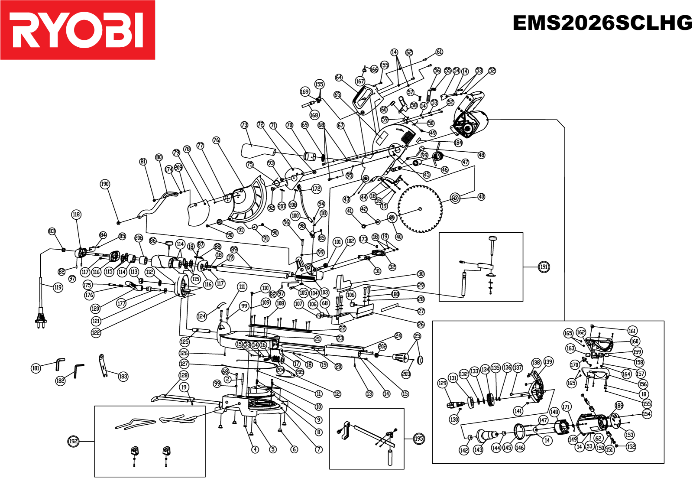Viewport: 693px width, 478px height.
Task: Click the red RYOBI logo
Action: pos(78,30)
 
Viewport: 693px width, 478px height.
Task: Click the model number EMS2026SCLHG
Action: pos(602,23)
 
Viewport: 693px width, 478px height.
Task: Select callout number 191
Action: pos(544,267)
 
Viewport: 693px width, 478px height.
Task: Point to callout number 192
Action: pos(74,442)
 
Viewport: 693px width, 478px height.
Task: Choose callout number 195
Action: pos(418,439)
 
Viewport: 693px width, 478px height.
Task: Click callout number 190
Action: pos(105,184)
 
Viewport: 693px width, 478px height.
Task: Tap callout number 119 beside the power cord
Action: pos(58,287)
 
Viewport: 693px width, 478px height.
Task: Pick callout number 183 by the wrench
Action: pos(123,376)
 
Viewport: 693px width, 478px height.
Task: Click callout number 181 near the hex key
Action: pos(36,368)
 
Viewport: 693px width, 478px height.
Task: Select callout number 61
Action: pos(439,52)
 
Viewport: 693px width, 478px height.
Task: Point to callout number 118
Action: pos(76,215)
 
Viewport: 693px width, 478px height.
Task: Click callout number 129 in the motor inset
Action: pos(442,383)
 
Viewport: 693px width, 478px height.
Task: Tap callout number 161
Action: pos(632,331)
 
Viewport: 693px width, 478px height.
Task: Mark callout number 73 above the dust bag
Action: pos(244,125)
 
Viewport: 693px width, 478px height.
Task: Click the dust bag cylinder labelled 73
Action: pos(258,151)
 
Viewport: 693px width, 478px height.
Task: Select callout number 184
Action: pos(458,143)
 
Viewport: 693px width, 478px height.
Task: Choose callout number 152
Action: pos(631,446)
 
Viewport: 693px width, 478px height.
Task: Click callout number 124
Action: pos(201,316)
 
